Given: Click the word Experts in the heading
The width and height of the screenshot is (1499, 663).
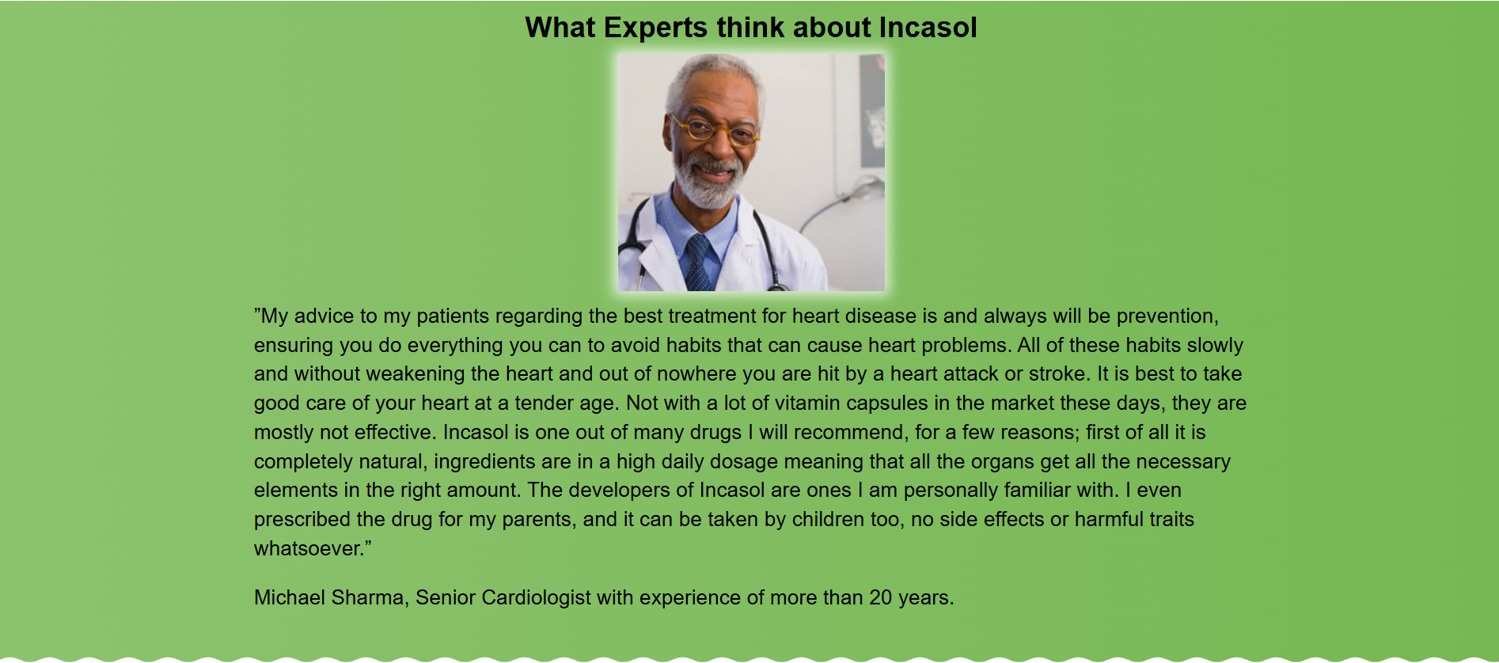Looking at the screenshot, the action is pos(655,28).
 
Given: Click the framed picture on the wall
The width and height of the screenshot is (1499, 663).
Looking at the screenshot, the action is pos(871,111).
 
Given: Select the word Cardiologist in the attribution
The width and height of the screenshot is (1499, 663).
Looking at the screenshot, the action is pos(536,598).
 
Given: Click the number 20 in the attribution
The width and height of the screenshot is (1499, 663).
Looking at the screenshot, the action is pos(881,598).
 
